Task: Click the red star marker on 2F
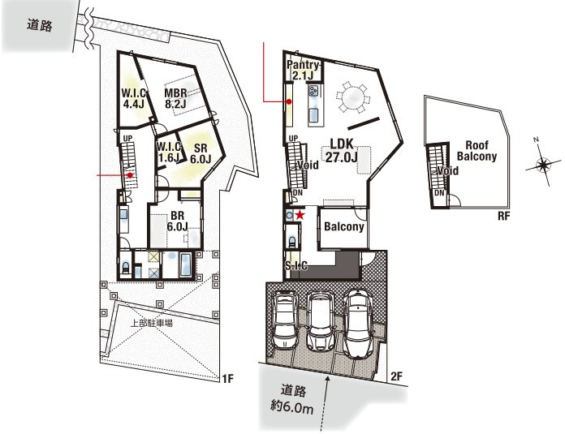point(300,216)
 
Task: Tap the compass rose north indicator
point(536,140)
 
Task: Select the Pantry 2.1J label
point(303,71)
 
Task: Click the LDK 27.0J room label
point(342,150)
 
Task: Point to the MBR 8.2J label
point(175,98)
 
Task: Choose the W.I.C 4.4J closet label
point(134,98)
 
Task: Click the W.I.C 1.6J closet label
point(169,152)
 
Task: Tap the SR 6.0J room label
point(201,153)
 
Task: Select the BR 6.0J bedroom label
point(177,221)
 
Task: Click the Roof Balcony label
point(477,151)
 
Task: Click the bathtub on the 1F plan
point(185,265)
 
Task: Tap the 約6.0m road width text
point(292,408)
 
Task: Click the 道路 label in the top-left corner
point(40,25)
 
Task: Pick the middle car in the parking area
point(321,320)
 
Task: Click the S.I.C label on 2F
point(295,265)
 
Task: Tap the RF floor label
point(504,216)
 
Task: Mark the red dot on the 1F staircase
point(130,175)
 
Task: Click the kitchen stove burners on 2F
point(313,90)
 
